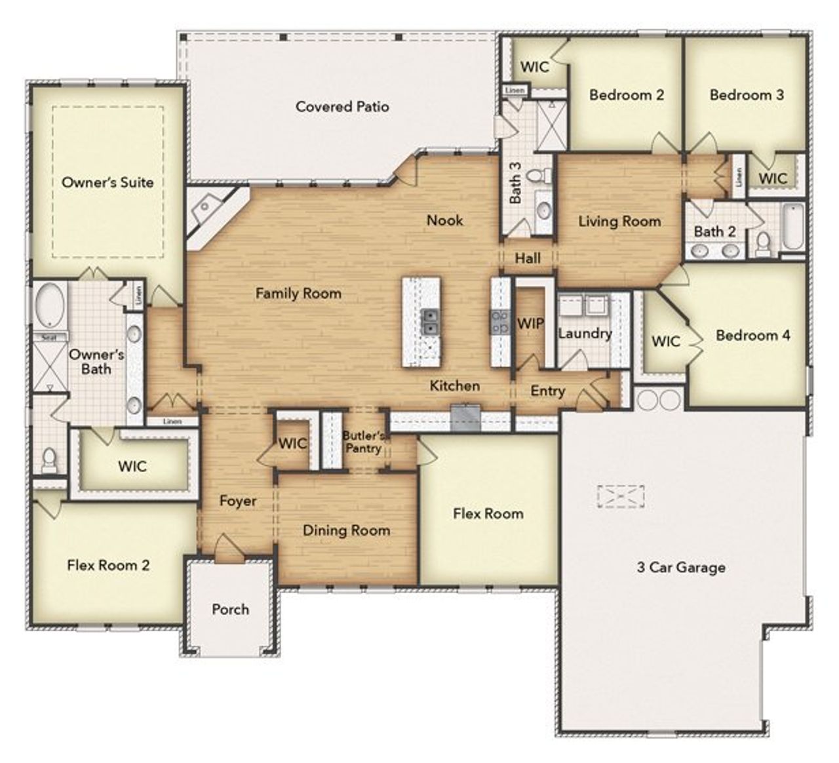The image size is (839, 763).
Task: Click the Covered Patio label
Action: pyautogui.click(x=342, y=106)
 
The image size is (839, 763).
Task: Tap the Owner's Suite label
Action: pyautogui.click(x=107, y=182)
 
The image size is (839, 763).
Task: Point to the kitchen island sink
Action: pyautogui.click(x=430, y=322)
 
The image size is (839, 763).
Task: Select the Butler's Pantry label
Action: pyautogui.click(x=363, y=442)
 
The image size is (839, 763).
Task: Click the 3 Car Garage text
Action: pyautogui.click(x=681, y=567)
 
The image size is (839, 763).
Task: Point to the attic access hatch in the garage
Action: pyautogui.click(x=620, y=496)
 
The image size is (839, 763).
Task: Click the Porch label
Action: pyautogui.click(x=230, y=609)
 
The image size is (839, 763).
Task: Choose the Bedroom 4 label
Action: pyautogui.click(x=752, y=336)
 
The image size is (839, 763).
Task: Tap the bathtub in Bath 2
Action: pyautogui.click(x=792, y=227)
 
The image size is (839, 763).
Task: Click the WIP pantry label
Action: pyautogui.click(x=530, y=323)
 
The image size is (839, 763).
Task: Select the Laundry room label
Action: pyautogui.click(x=585, y=333)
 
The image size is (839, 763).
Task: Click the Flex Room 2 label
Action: pyautogui.click(x=108, y=565)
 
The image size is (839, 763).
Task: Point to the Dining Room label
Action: pyautogui.click(x=346, y=530)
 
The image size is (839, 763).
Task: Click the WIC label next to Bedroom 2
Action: pyautogui.click(x=534, y=67)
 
